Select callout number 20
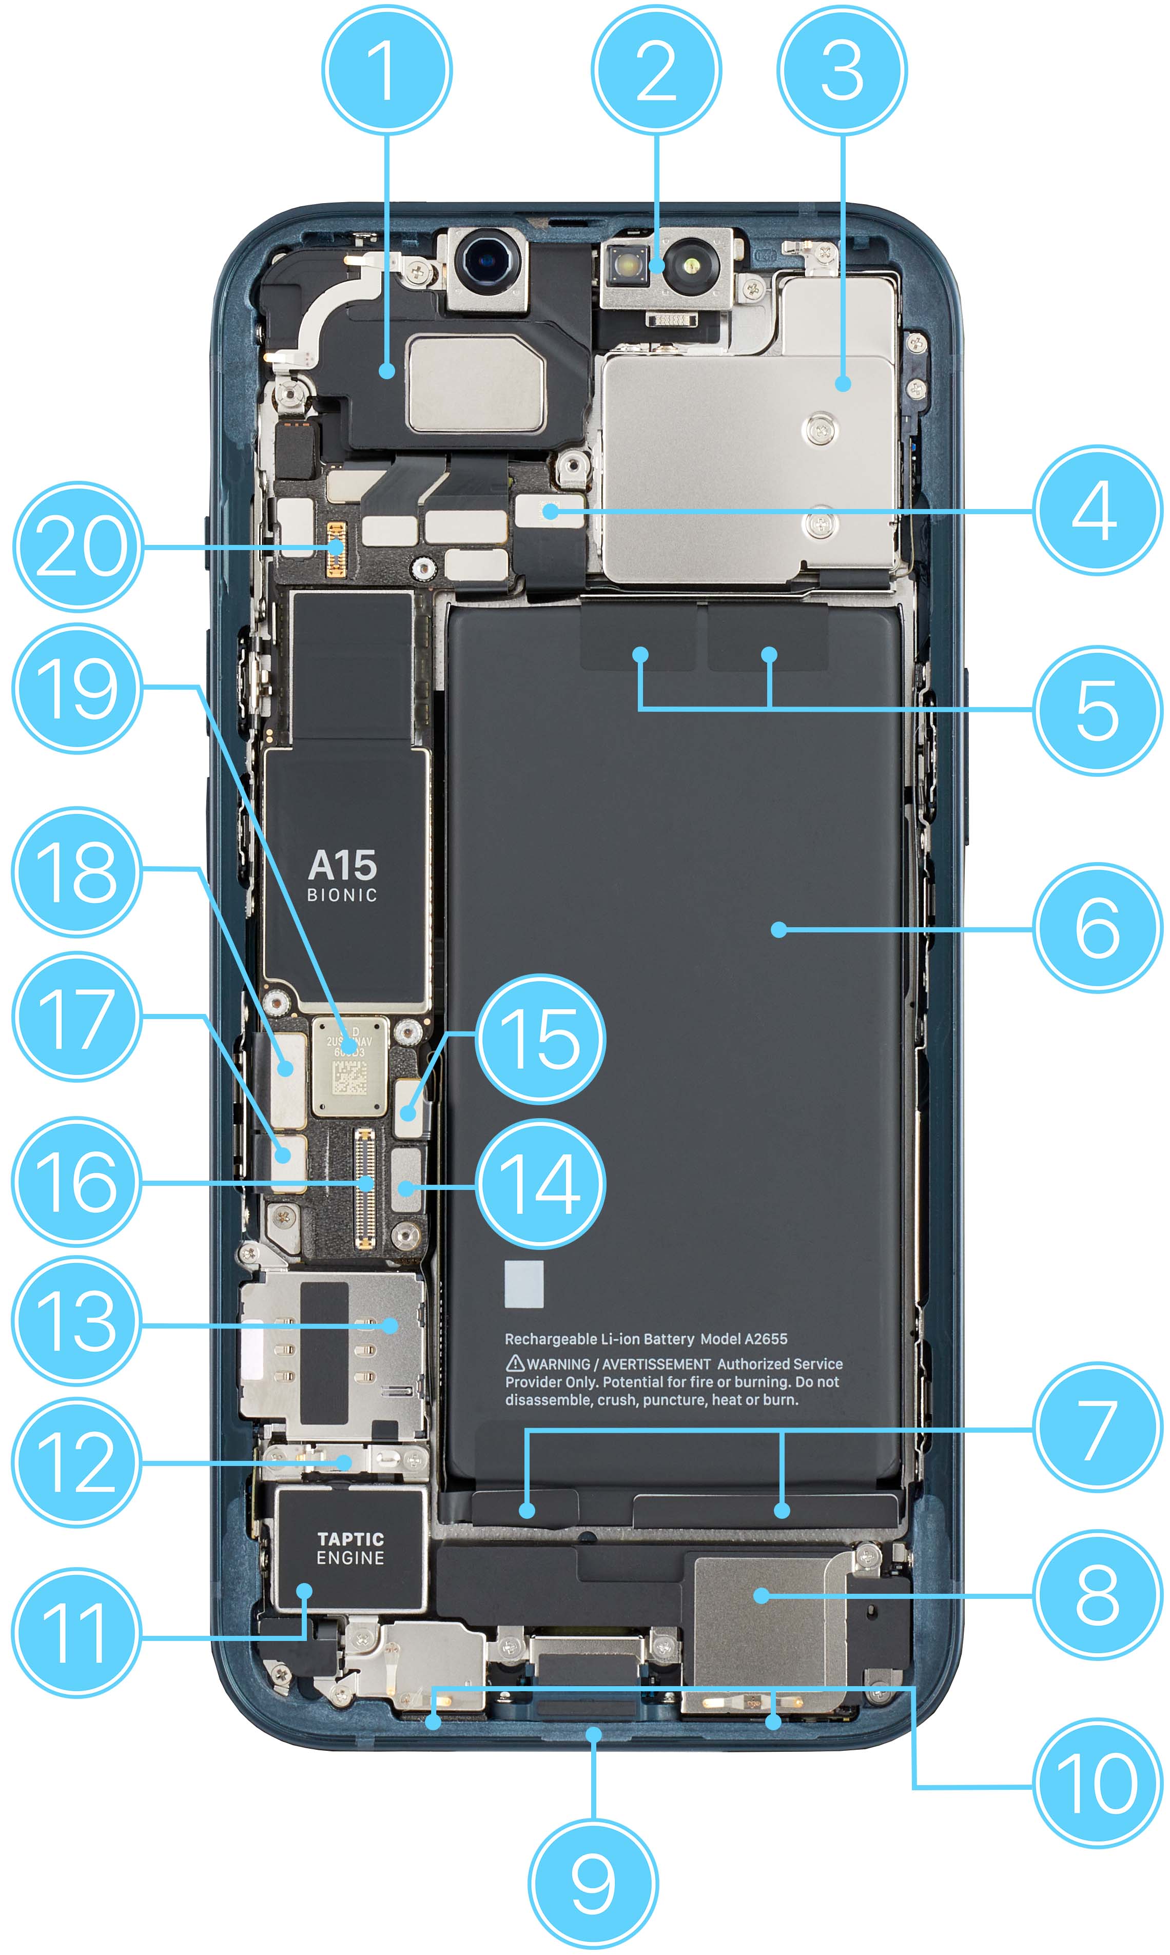(x=78, y=546)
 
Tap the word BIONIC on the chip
(x=342, y=895)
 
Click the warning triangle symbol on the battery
(x=515, y=1362)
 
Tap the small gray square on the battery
(x=523, y=1283)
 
